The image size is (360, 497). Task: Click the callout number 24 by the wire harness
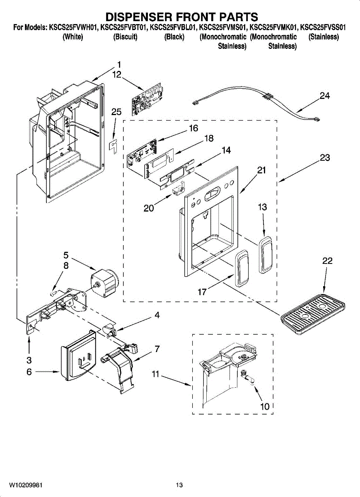click(x=325, y=96)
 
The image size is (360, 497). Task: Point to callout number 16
click(x=193, y=128)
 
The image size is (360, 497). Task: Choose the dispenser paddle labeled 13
click(x=265, y=255)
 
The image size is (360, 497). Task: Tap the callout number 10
click(x=265, y=406)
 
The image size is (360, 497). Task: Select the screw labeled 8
click(x=53, y=294)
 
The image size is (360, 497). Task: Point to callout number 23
click(x=325, y=158)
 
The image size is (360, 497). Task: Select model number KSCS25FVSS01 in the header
click(x=323, y=28)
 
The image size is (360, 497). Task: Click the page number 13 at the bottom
click(x=179, y=485)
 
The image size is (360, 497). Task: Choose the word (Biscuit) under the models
click(x=125, y=37)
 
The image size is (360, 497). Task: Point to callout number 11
click(x=155, y=374)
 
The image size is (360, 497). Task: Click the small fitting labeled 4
click(x=110, y=330)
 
